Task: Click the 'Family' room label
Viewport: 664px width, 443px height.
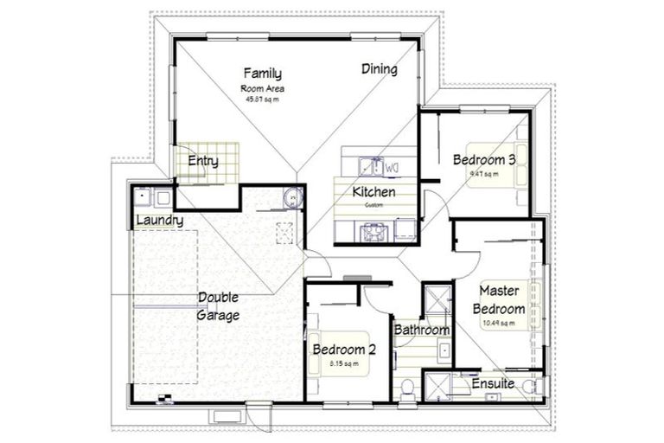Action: [262, 74]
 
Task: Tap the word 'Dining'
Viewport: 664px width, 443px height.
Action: [379, 69]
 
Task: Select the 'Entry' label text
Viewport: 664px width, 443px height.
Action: [202, 161]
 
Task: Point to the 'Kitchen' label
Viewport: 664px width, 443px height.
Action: [373, 191]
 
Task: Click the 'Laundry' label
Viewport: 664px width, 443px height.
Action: [160, 221]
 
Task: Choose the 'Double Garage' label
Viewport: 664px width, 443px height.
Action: [218, 306]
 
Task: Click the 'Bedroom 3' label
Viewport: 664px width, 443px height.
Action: [484, 159]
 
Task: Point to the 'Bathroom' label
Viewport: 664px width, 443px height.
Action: [421, 330]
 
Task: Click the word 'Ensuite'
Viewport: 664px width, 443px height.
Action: [493, 382]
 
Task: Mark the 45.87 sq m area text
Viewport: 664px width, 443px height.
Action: [263, 100]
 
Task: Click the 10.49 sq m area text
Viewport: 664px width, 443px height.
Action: [499, 324]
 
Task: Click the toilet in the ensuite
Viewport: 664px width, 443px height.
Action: [537, 386]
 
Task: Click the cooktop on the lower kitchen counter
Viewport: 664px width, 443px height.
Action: [375, 230]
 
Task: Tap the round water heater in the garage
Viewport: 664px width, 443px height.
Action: [290, 198]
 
